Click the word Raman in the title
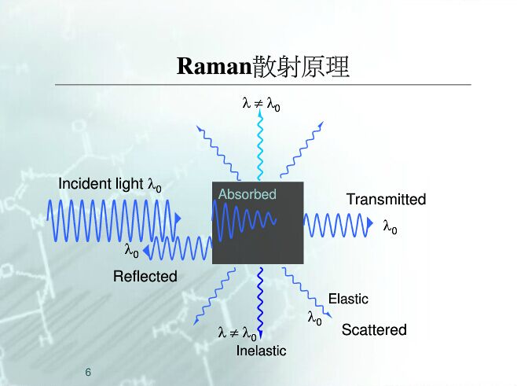[214, 66]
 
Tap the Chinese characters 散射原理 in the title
[301, 66]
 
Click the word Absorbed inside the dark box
[247, 194]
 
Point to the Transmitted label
[386, 200]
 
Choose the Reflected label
[145, 276]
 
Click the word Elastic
[348, 299]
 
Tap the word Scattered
[374, 330]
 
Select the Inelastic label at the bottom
[261, 351]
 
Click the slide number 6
[88, 371]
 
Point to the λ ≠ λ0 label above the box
[261, 103]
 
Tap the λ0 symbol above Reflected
[132, 252]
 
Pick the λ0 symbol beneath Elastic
[315, 318]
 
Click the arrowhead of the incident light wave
[178, 218]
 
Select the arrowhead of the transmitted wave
[370, 224]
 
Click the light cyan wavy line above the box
[258, 145]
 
